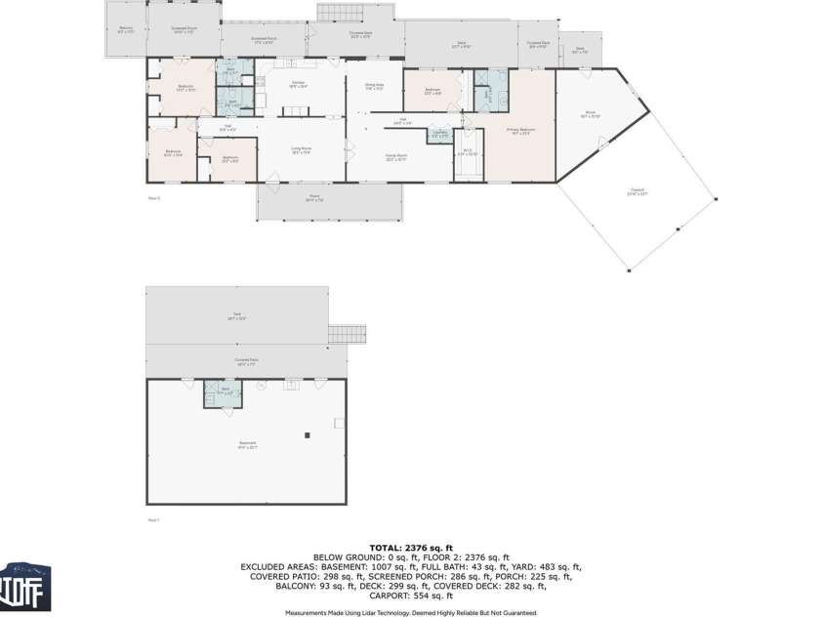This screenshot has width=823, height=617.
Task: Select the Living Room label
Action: (x=301, y=150)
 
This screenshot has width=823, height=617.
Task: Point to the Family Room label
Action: (x=395, y=155)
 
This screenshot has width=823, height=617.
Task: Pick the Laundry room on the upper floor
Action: (x=440, y=134)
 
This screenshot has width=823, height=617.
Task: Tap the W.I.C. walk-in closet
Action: (x=468, y=153)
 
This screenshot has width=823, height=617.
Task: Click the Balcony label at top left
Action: (x=126, y=29)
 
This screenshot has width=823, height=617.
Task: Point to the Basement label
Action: (x=247, y=445)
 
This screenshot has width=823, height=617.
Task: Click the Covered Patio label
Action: (x=246, y=361)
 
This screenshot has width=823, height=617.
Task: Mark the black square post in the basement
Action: (x=307, y=435)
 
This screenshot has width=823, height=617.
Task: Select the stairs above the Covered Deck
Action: (x=353, y=11)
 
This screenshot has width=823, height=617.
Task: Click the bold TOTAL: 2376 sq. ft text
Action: (x=411, y=548)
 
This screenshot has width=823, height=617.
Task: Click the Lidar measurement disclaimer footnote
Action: (x=411, y=612)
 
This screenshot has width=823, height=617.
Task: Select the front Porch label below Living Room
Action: (x=315, y=198)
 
